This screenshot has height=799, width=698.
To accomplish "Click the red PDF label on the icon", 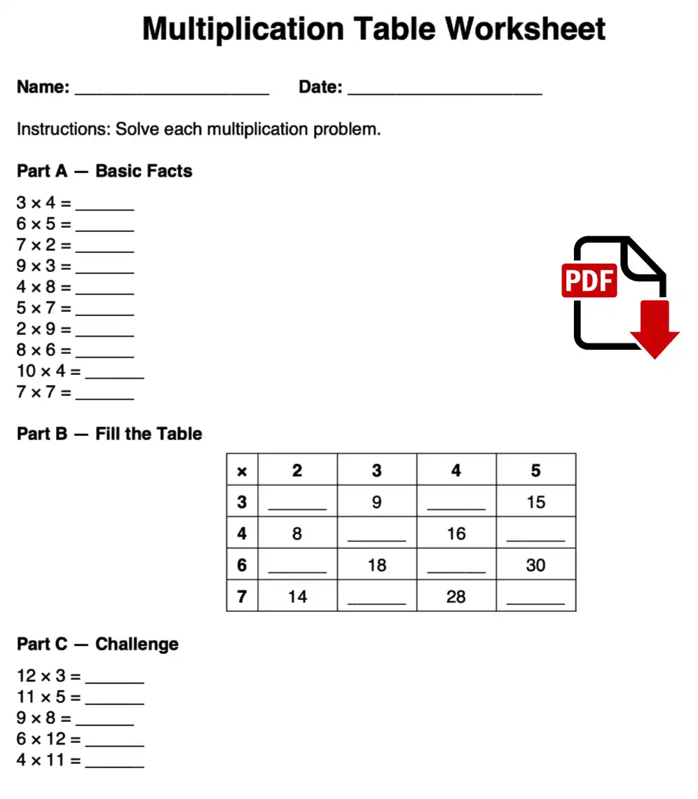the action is (x=589, y=280).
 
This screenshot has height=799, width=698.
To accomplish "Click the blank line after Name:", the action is (x=172, y=89).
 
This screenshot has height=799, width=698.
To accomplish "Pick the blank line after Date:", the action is (x=444, y=89).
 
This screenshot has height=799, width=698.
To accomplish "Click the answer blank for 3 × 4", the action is (x=104, y=205).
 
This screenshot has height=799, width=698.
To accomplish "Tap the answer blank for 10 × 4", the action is (x=114, y=373).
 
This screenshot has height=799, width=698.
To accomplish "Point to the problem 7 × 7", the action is (x=43, y=392).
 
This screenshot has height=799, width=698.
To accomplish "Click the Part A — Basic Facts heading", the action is (x=104, y=171).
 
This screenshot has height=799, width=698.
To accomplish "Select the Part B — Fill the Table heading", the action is (x=109, y=434).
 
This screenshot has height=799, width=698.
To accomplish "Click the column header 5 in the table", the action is (x=535, y=470).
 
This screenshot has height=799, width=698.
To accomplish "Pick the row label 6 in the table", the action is (x=242, y=565).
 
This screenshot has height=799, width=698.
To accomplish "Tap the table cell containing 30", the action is (x=535, y=565).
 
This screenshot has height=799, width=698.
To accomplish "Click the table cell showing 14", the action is (x=297, y=596).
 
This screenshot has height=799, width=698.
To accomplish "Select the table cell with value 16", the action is (x=456, y=533).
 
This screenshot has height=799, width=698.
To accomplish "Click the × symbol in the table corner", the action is (x=242, y=471).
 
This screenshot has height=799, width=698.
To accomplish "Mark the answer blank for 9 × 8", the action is (x=104, y=720).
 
